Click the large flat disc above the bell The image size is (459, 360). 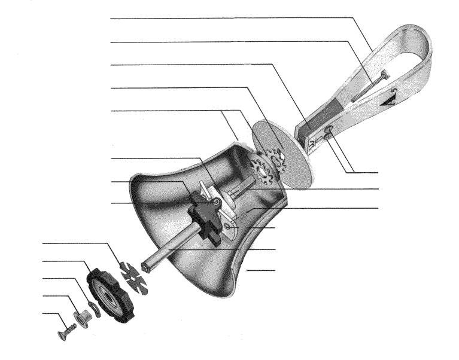[281, 153]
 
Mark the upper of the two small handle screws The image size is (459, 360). [328, 128]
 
